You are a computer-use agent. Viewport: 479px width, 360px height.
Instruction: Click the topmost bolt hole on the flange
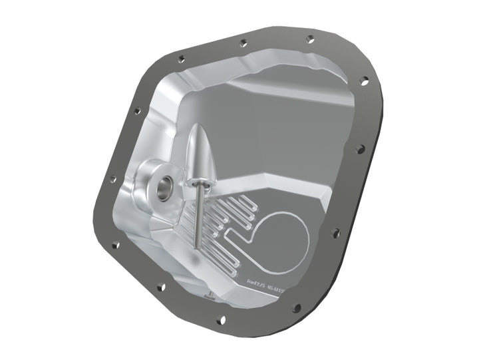[310, 39]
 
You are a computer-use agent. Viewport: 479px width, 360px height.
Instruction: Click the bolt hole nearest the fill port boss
[112, 179]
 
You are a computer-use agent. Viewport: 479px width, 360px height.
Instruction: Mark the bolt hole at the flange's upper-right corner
[364, 81]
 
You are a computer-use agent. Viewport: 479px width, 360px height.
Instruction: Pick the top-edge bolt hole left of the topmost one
[243, 43]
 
